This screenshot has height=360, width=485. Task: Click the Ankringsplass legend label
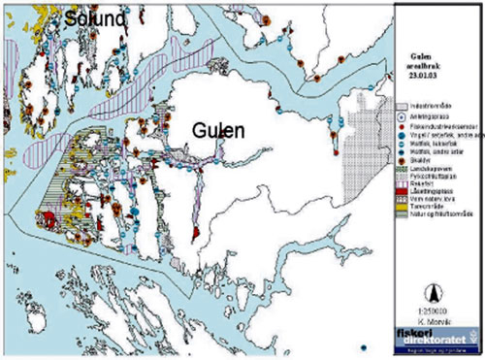click(431, 115)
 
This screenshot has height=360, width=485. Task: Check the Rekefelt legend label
click(424, 181)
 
